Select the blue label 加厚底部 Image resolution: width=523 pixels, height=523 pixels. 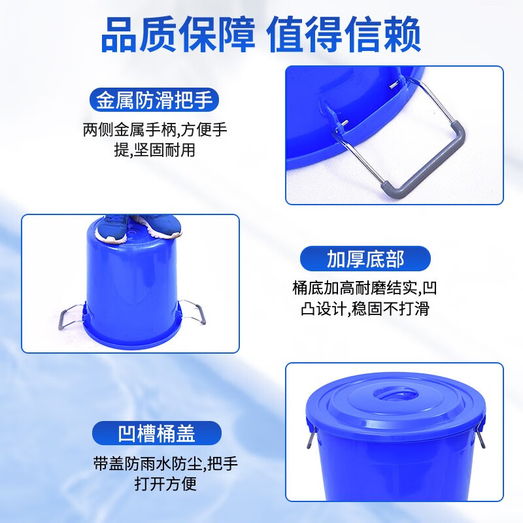tap(365, 258)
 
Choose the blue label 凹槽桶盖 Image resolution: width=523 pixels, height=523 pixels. tap(156, 433)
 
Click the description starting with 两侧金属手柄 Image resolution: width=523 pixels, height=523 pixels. tap(155, 139)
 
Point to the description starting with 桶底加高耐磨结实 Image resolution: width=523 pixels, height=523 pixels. tap(365, 297)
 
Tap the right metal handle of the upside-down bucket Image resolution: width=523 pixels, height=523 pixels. tap(194, 312)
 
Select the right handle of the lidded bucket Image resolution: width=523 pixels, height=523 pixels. tap(481, 435)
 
